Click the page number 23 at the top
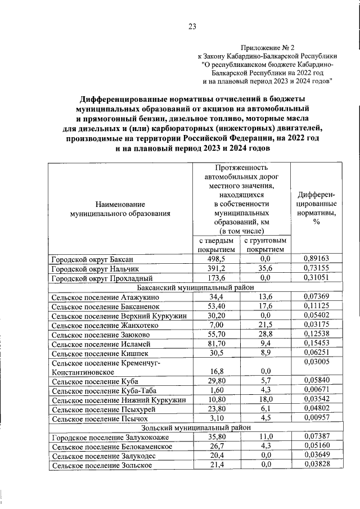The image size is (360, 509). click(192, 26)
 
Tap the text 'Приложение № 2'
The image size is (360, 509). click(267, 48)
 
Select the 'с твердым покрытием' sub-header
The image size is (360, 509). click(216, 245)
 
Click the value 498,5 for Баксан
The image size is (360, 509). click(216, 259)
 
